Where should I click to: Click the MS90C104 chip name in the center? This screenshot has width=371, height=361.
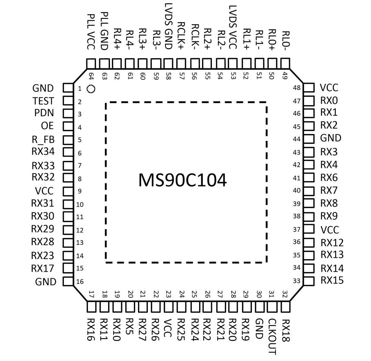click(x=182, y=180)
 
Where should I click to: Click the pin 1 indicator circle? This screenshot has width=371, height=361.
click(x=91, y=89)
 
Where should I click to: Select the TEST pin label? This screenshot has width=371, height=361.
click(x=44, y=101)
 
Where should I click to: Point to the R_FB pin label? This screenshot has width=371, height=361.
click(x=43, y=140)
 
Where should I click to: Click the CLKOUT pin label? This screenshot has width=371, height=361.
click(x=273, y=336)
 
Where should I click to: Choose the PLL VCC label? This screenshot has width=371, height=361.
click(x=91, y=32)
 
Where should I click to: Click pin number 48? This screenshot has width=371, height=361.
click(x=297, y=88)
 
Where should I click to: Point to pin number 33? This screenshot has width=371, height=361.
click(x=297, y=281)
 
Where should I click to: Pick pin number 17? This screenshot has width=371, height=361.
click(x=92, y=294)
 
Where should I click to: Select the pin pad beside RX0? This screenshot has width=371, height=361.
click(x=309, y=101)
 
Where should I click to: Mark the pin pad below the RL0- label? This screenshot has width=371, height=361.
click(x=285, y=63)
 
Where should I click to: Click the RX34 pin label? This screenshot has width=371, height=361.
click(x=43, y=152)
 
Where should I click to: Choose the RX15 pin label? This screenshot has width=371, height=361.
click(x=332, y=280)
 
